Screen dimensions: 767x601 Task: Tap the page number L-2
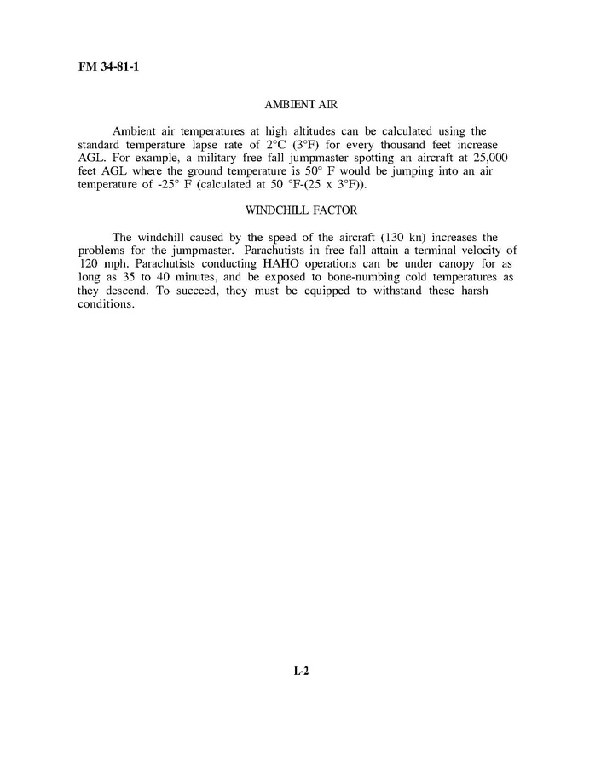(x=300, y=671)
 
